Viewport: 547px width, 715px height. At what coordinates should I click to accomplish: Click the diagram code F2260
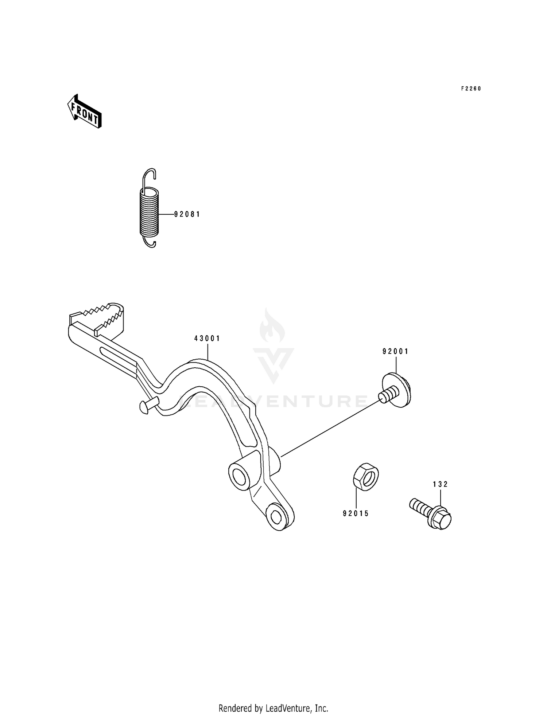point(471,89)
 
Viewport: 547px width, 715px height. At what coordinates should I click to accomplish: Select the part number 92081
point(187,214)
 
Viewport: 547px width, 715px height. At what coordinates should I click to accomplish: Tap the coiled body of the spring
point(150,212)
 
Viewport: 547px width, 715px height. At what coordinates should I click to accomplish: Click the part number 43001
point(207,338)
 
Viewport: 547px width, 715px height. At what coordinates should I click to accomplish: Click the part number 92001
point(396,351)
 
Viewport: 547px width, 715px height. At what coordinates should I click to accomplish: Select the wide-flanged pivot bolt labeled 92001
point(397,390)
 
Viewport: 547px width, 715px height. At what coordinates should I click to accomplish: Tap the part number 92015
point(356,513)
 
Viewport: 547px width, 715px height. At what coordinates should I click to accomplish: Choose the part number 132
point(441,484)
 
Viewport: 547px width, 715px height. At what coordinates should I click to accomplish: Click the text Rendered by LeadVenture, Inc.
point(273,708)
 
